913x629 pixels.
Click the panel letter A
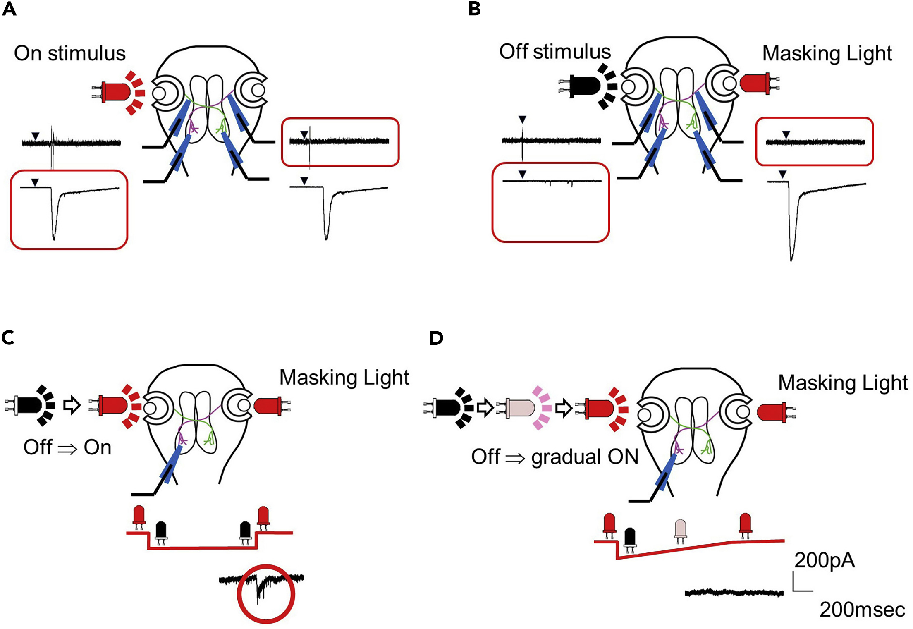coord(9,9)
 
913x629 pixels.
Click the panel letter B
coord(475,9)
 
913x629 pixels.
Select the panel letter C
coord(8,337)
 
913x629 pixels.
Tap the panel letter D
coord(436,338)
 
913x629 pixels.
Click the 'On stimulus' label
coord(69,53)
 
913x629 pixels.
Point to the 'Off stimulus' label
coord(555,52)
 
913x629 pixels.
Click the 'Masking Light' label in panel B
coord(827,53)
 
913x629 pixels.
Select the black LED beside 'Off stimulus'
coord(581,86)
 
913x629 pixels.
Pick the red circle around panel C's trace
coord(266,593)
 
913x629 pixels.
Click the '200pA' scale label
coord(824,560)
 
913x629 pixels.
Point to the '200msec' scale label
coord(862,610)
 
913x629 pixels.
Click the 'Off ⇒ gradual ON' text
coord(555,457)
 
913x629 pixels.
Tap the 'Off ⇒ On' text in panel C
coord(67,447)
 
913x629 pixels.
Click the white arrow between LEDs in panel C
coord(72,405)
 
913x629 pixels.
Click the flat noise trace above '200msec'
coord(734,593)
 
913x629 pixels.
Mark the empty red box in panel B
coord(550,203)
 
